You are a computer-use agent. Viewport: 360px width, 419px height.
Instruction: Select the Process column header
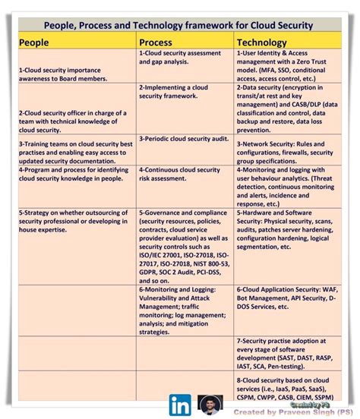pos(156,43)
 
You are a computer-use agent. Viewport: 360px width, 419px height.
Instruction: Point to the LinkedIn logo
pos(180,404)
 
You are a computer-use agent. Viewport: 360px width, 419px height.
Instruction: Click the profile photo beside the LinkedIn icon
pos(208,405)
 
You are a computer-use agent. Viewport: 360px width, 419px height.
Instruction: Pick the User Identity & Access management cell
pos(283,66)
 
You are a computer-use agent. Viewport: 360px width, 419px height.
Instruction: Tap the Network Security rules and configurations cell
pos(283,147)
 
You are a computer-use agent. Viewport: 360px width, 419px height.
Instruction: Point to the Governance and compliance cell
pos(182,244)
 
